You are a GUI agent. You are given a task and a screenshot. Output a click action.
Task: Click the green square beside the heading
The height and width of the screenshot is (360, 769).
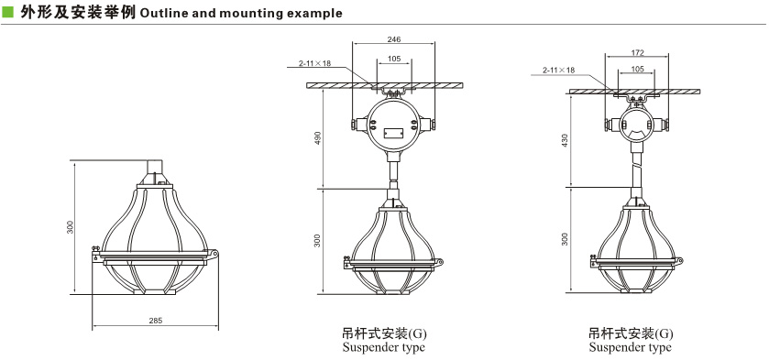[8, 12]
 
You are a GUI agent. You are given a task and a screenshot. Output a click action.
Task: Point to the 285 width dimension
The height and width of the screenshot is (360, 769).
[155, 321]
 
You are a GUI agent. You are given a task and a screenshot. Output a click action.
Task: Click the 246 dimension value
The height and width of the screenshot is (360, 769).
[394, 38]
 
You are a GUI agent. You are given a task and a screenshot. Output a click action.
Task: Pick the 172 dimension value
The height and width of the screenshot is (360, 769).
[637, 52]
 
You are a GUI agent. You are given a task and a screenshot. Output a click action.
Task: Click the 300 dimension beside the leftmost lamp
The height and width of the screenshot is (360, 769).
[71, 226]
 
